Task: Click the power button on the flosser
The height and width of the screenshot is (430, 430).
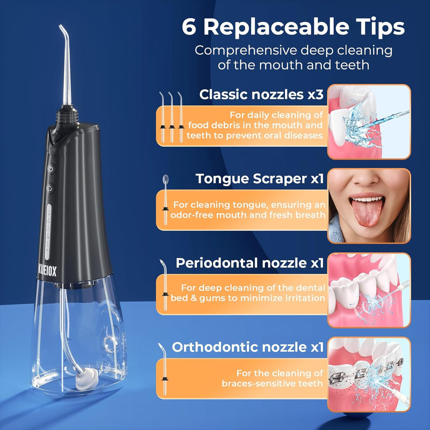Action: [x=51, y=169]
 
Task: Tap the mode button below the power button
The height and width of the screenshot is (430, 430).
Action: [x=51, y=188]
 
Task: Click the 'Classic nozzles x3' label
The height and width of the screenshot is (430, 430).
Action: [x=261, y=94]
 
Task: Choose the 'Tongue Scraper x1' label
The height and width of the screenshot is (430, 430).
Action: [x=260, y=179]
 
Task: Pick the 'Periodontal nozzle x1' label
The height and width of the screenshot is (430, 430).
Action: [x=249, y=263]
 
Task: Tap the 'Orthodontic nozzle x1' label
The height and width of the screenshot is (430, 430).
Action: [x=248, y=347]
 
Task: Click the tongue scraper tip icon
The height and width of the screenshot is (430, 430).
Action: [x=165, y=197]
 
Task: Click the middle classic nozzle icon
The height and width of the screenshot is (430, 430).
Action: [x=171, y=116]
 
